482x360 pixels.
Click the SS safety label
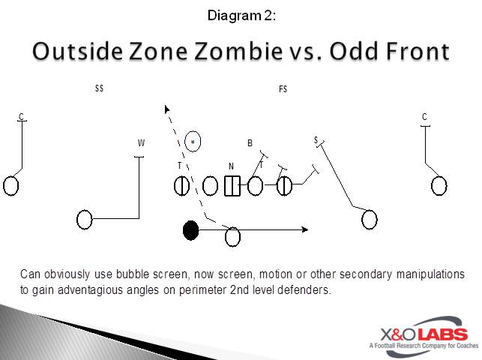click(99, 88)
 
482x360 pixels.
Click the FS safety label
click(283, 89)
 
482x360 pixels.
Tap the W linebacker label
click(141, 143)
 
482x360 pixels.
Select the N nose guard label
click(232, 166)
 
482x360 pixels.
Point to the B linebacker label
click(250, 143)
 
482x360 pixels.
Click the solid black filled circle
click(191, 230)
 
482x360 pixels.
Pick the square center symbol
click(232, 185)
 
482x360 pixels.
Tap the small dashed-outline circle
click(193, 140)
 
